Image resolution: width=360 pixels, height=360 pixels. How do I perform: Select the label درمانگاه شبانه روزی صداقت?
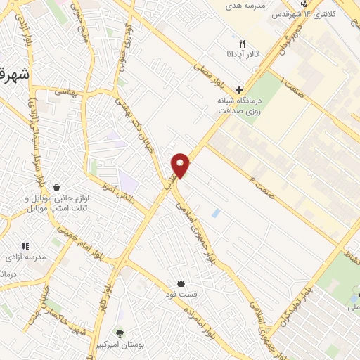[x=240, y=106]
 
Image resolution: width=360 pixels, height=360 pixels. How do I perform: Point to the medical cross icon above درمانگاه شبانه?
[x=240, y=91]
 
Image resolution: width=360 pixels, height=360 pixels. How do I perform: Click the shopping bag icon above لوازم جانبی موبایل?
[x=55, y=186]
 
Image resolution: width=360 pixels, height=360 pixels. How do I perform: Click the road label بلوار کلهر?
[x=113, y=281]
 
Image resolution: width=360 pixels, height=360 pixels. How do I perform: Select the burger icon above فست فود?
[x=181, y=283]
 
